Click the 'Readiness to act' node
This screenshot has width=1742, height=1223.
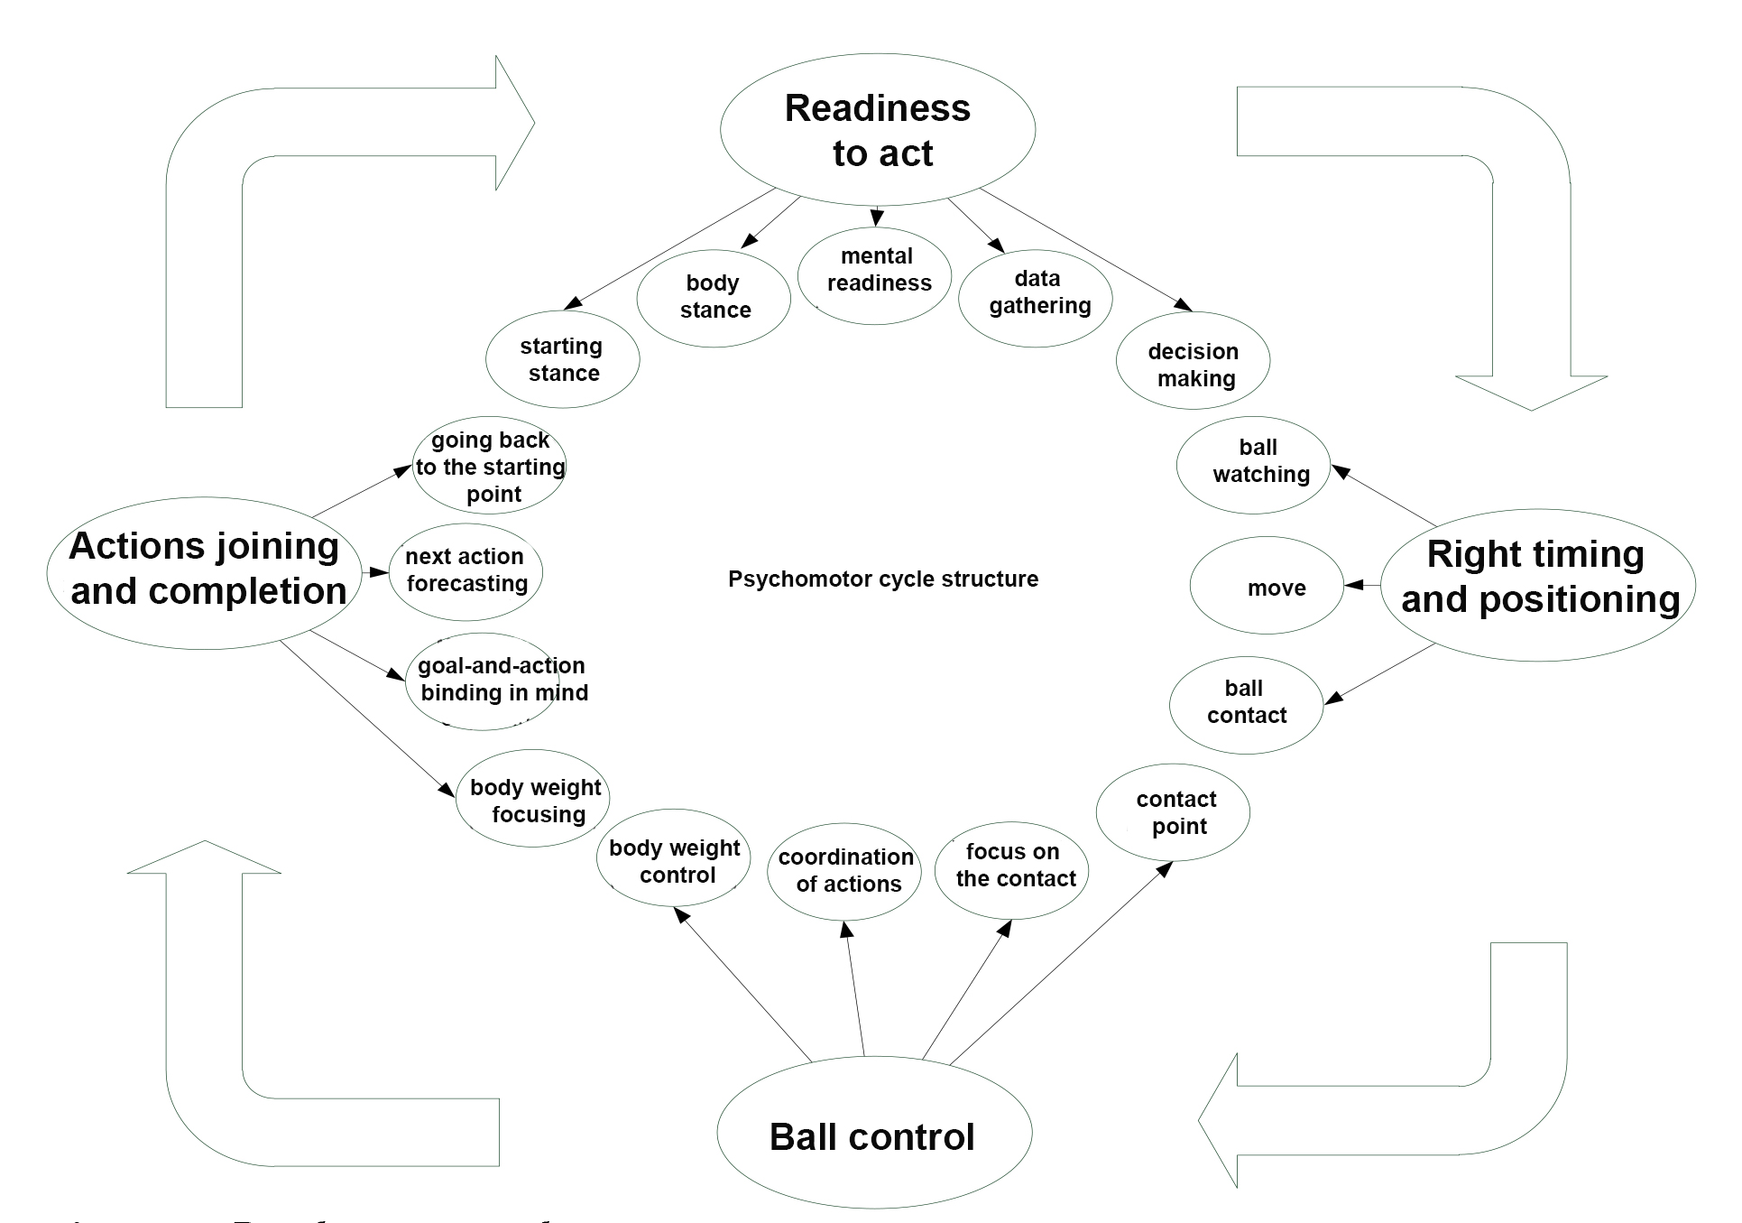877,130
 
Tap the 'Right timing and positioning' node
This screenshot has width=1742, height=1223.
1537,585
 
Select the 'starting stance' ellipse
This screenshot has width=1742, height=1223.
563,359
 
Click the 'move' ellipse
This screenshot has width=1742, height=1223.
1267,587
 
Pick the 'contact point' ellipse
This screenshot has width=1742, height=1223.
1173,812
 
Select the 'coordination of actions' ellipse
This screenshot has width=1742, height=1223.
844,872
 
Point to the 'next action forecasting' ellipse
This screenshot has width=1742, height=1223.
465,572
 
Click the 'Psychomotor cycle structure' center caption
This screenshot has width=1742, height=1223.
882,579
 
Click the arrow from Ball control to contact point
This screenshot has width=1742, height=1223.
1060,963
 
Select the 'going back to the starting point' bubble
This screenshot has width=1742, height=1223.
489,466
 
